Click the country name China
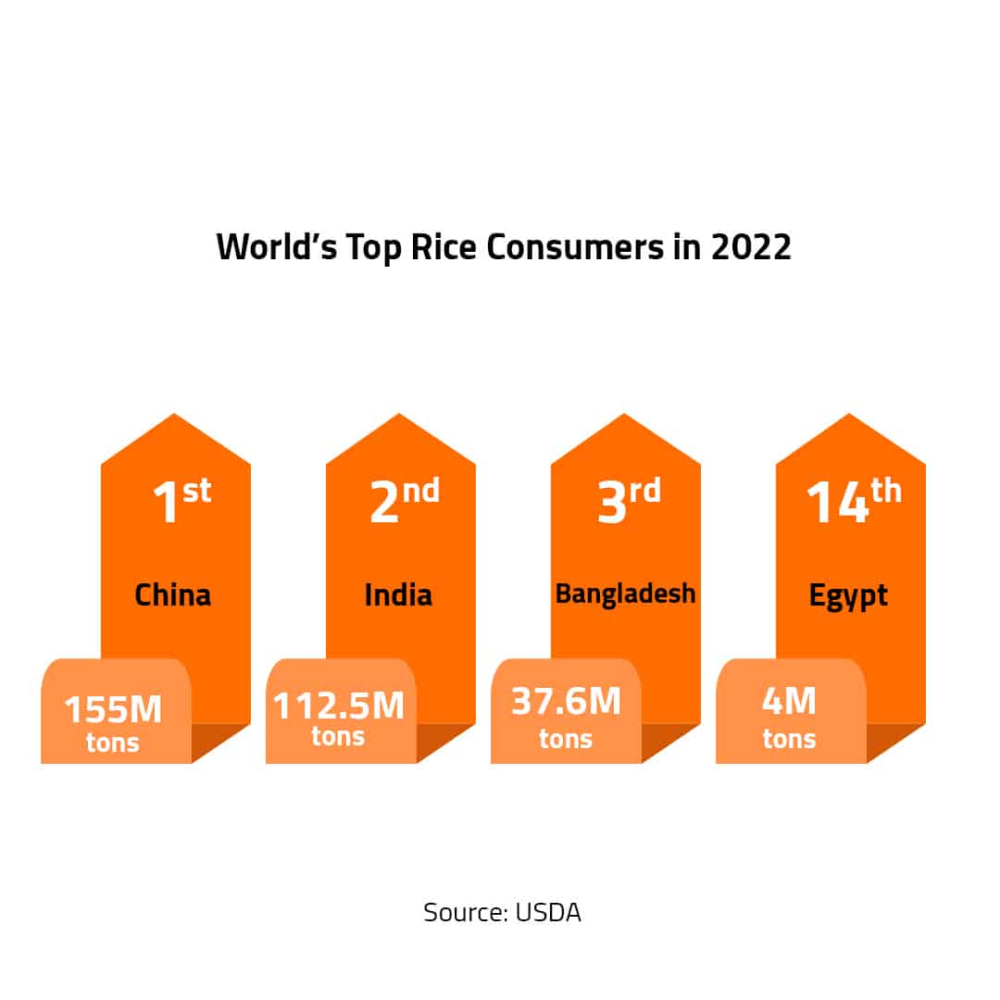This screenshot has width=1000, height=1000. point(173,594)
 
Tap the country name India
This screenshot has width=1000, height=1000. point(398,594)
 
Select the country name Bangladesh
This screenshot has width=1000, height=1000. point(625,594)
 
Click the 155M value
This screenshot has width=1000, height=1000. point(113,710)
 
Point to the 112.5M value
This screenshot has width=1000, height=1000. point(338,706)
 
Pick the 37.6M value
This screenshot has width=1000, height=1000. point(566,701)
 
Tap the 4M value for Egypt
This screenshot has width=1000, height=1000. point(789,701)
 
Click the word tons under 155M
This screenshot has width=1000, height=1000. point(113,742)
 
